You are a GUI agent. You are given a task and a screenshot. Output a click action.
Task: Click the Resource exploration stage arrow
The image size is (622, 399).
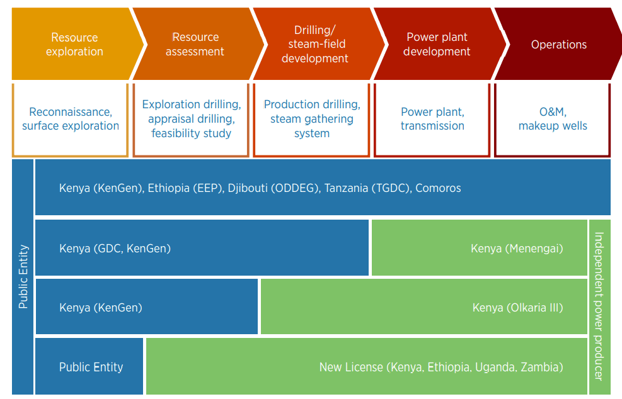[x=74, y=44]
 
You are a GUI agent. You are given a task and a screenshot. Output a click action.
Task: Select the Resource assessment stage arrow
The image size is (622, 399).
[x=195, y=44]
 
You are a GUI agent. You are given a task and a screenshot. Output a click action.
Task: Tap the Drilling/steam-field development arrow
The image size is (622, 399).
[x=315, y=44]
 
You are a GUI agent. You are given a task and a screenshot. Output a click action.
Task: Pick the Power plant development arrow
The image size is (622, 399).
[x=437, y=44]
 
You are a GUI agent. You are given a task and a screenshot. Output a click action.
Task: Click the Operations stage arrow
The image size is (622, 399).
[x=558, y=44]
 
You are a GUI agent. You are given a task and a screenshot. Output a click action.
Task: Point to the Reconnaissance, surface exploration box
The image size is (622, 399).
[x=70, y=119]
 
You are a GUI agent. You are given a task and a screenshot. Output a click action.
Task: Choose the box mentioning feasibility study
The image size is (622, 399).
[x=191, y=119]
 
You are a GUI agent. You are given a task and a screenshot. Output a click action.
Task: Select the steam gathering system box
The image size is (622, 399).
[x=312, y=119]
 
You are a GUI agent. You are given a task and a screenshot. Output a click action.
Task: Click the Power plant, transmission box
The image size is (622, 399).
[x=432, y=119]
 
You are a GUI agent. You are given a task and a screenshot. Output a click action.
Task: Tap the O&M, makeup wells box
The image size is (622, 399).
[x=553, y=119]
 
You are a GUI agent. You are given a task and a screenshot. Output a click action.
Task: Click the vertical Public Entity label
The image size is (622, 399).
[x=23, y=277]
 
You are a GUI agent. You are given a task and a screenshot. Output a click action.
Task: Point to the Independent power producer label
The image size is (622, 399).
[x=599, y=306]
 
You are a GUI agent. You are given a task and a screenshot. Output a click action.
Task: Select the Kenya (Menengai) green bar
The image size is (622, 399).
[x=479, y=249]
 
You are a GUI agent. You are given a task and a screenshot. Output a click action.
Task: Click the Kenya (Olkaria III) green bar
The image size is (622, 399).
[x=423, y=307]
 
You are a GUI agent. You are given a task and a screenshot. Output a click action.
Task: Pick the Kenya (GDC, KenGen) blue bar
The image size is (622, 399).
[x=202, y=249]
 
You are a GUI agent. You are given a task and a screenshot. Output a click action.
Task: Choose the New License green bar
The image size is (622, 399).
[x=366, y=367]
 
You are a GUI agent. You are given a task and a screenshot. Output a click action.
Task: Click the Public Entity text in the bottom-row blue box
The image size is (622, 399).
[x=91, y=367]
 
